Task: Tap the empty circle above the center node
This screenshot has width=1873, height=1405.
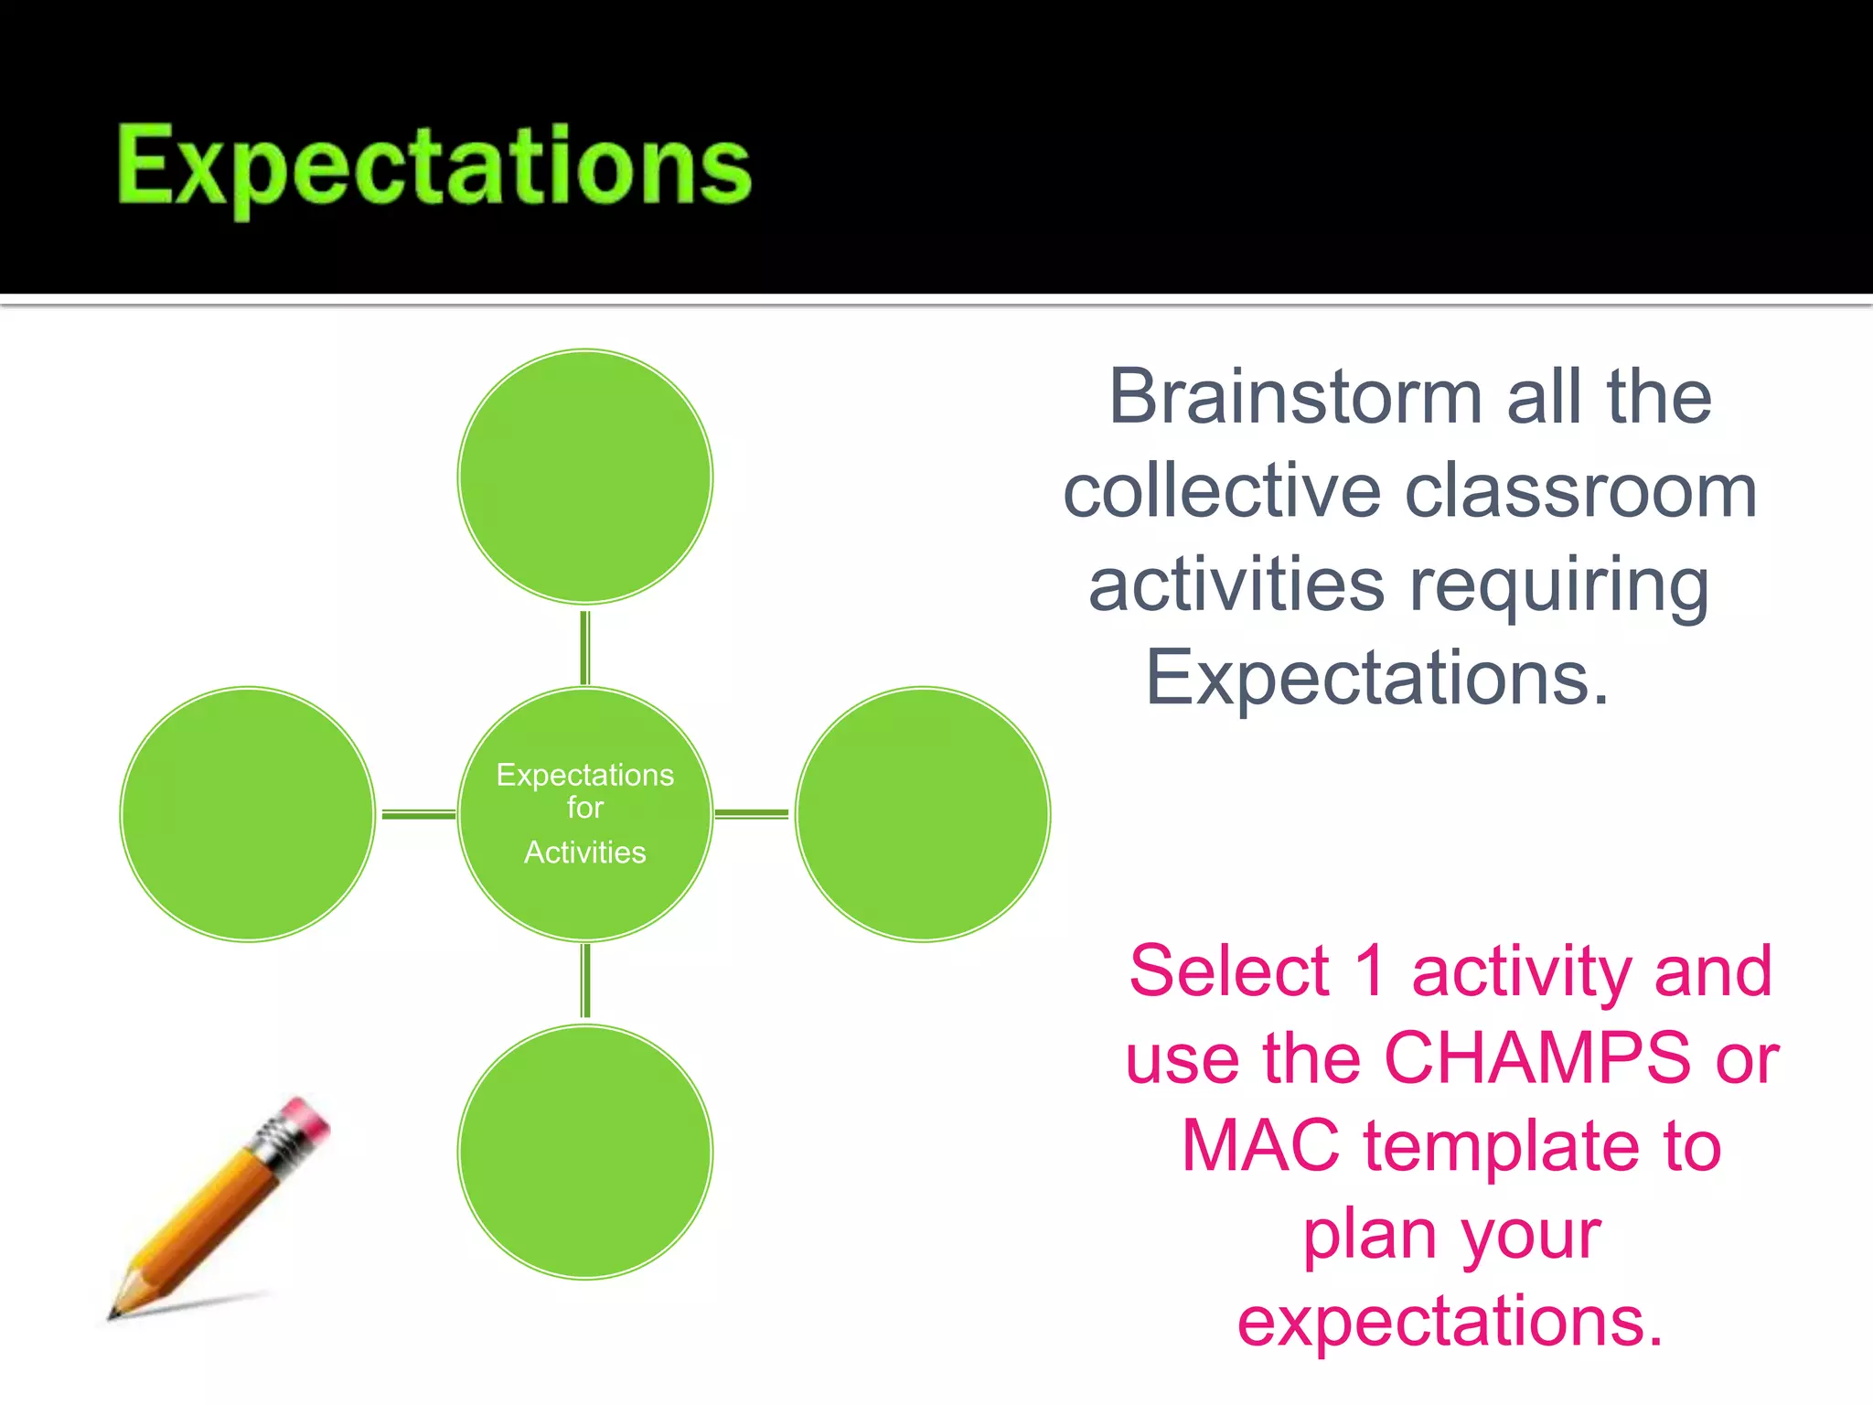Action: (x=584, y=477)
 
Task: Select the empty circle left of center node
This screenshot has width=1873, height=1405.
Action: (x=247, y=814)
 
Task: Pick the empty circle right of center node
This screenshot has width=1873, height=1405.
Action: (x=923, y=814)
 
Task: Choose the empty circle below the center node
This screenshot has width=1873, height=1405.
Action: (x=584, y=1152)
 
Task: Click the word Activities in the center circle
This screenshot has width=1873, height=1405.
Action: (x=584, y=853)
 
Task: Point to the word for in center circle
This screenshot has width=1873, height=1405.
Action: (x=584, y=808)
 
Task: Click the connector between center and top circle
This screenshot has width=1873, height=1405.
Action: (x=584, y=647)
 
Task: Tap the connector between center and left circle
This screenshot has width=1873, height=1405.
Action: (x=417, y=813)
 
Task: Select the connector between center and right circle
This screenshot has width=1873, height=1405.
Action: (x=752, y=813)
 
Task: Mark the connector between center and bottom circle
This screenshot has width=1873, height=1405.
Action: (x=585, y=981)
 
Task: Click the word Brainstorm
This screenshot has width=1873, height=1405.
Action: (x=1294, y=397)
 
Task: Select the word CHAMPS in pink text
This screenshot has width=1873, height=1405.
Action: (x=1536, y=1058)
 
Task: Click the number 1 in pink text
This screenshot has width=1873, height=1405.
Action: (x=1370, y=971)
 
